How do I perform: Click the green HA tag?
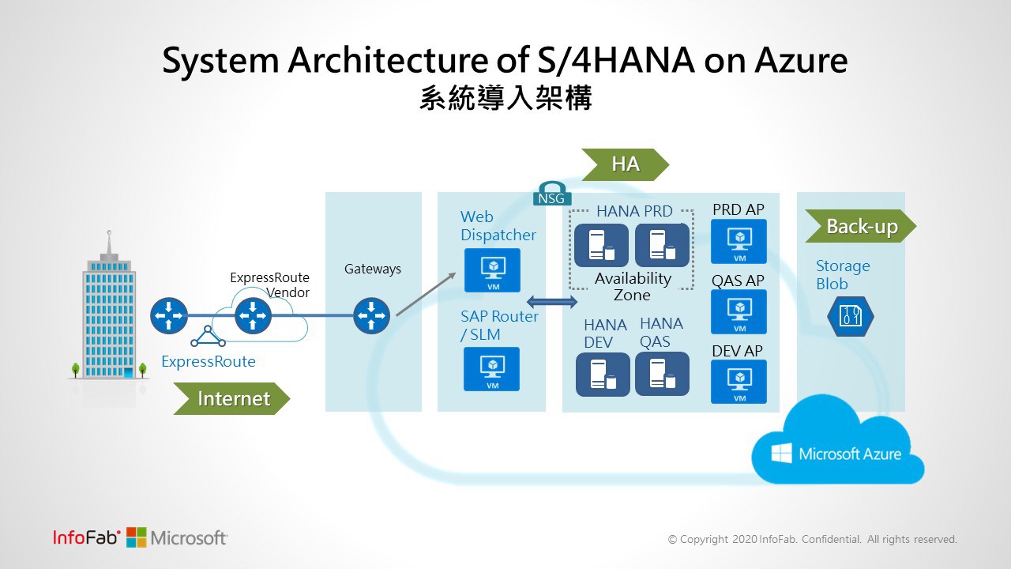tap(625, 164)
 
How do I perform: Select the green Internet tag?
tap(232, 399)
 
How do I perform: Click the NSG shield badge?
tap(551, 194)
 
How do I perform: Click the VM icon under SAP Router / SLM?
tap(492, 369)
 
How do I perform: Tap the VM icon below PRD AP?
tap(739, 241)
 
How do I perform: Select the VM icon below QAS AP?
tap(739, 311)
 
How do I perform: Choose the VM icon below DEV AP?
tap(739, 381)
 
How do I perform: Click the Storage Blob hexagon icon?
tap(850, 316)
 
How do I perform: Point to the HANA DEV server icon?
tap(603, 374)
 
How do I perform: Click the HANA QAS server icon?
tap(662, 374)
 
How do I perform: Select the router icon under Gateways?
tap(371, 315)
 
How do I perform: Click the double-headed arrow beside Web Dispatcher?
tap(552, 301)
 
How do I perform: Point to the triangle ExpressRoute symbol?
tap(208, 337)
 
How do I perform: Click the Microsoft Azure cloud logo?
tap(837, 453)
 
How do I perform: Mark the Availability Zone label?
tap(633, 287)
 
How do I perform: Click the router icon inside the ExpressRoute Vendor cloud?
tap(253, 315)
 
